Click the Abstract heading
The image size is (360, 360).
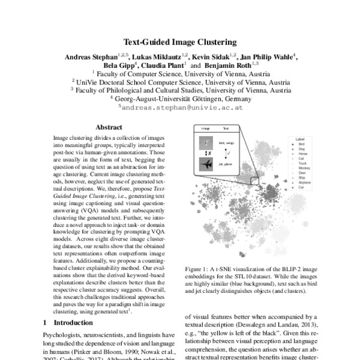(109, 127)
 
